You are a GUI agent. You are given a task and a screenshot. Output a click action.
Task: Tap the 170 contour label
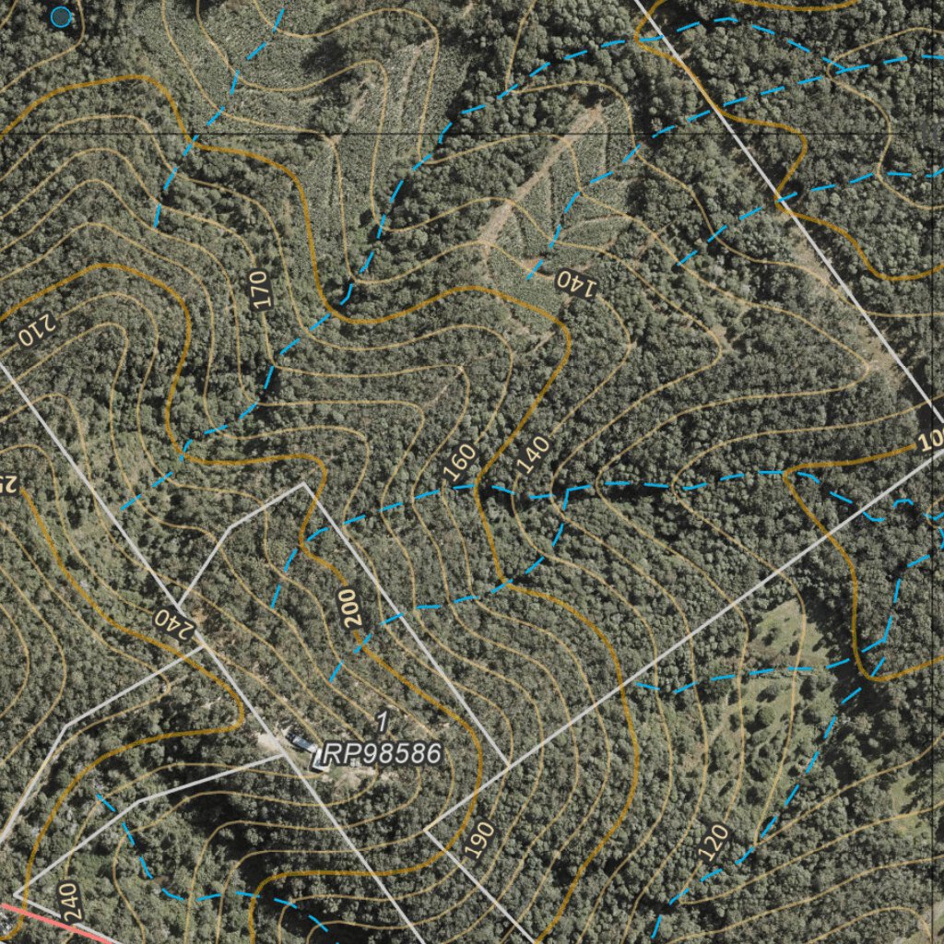click(260, 289)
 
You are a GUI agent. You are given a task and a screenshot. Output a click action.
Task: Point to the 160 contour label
click(459, 463)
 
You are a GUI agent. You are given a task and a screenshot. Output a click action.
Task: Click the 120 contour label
click(715, 843)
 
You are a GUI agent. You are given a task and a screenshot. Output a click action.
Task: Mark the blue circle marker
click(61, 16)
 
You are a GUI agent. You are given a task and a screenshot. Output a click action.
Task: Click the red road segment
click(55, 925)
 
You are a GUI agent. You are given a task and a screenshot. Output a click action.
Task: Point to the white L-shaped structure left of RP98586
click(320, 760)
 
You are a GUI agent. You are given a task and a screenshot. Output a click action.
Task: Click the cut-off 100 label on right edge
click(932, 440)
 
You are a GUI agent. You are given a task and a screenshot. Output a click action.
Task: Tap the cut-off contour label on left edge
click(7, 483)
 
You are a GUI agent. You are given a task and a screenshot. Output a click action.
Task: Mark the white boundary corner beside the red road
click(16, 893)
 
